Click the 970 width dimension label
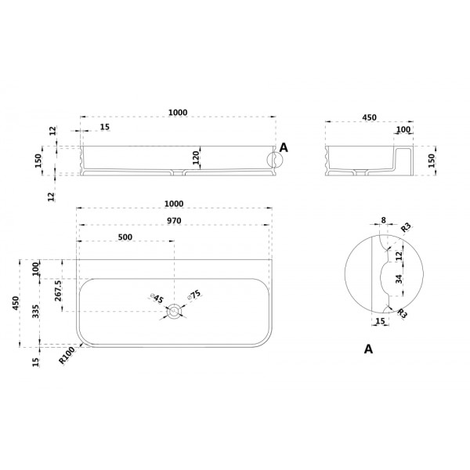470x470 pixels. tap(174, 221)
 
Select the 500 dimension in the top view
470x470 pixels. tap(125, 237)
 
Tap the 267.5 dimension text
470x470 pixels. tap(58, 291)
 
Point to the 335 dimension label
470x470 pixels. tap(36, 312)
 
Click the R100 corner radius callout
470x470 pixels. tap(67, 356)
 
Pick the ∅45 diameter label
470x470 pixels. tap(157, 298)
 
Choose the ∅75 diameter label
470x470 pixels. tap(194, 295)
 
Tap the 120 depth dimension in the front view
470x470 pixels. tap(195, 157)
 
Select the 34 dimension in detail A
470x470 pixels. tap(399, 280)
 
